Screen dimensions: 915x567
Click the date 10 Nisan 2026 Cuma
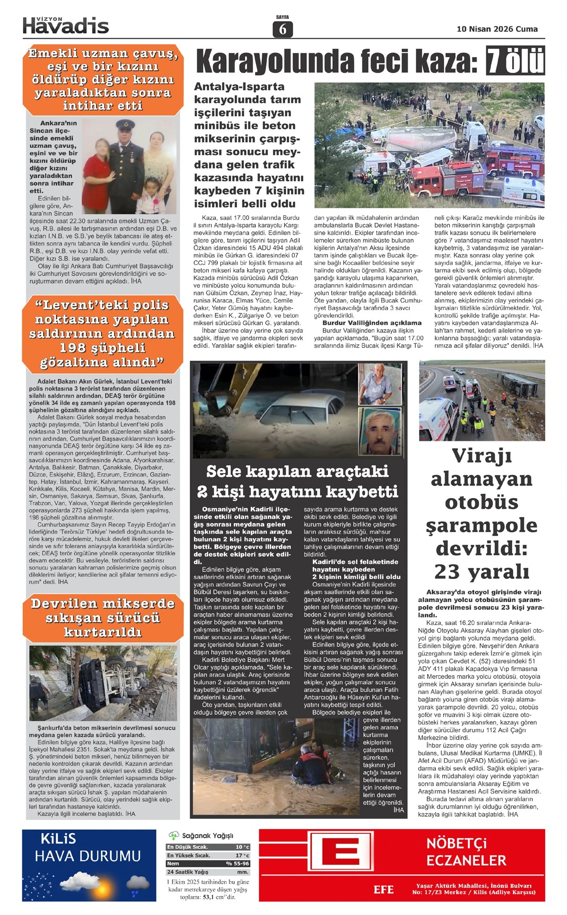click(497, 29)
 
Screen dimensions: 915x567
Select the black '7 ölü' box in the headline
click(515, 61)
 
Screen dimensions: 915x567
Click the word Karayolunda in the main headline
click(276, 62)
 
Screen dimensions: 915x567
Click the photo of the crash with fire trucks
click(429, 145)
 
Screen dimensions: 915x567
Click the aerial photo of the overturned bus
click(481, 400)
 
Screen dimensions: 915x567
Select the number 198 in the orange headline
click(75, 348)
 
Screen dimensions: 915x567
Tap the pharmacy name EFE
click(383, 890)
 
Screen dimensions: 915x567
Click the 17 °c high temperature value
click(242, 855)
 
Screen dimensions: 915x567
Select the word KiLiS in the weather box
click(58, 839)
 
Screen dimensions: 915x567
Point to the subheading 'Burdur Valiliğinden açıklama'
click(371, 322)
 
